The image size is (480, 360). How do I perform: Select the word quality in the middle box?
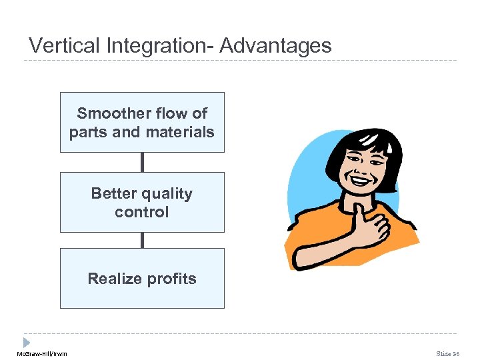(169, 193)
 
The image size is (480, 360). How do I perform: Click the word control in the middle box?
(142, 212)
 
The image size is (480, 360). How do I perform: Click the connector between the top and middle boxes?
(142, 162)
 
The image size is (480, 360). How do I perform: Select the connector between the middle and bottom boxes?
(142, 240)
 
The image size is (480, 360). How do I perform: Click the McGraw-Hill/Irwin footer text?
(38, 353)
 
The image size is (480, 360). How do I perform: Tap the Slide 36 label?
(448, 353)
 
